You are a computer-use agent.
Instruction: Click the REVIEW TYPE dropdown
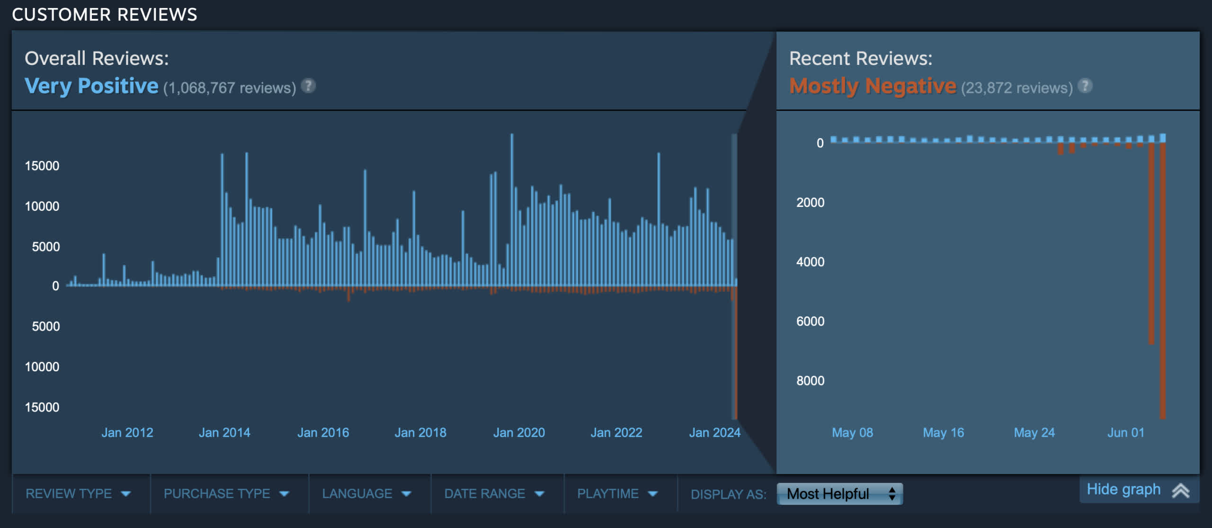(78, 493)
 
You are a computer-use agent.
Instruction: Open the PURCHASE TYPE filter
(226, 493)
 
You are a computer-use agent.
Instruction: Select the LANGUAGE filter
(366, 493)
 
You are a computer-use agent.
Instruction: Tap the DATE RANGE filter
(494, 493)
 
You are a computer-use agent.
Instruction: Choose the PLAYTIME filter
(617, 493)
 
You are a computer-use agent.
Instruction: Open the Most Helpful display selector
(839, 494)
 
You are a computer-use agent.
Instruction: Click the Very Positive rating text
(91, 86)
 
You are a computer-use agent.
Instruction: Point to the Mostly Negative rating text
(873, 86)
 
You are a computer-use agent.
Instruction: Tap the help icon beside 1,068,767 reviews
(308, 86)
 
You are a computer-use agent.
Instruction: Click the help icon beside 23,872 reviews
(1085, 86)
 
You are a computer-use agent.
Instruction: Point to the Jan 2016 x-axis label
(323, 432)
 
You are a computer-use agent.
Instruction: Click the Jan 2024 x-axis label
(714, 432)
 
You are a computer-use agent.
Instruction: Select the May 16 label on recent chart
(943, 432)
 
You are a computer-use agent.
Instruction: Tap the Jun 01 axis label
(1125, 432)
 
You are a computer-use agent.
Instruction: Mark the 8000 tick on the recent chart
(810, 381)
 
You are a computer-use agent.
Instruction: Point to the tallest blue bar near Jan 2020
(512, 208)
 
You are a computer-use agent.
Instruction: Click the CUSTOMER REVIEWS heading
(105, 15)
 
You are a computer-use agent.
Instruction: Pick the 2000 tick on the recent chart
(810, 203)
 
